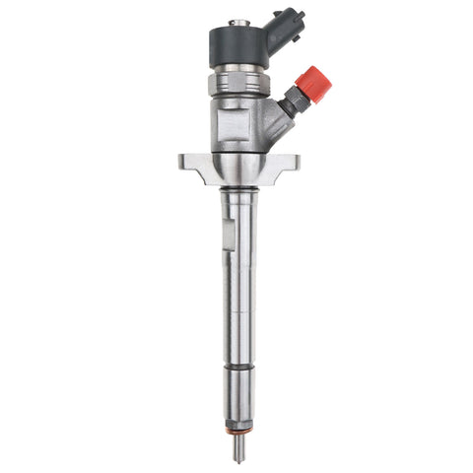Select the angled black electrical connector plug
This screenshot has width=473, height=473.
(287, 30)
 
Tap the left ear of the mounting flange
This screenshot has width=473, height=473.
(193, 163)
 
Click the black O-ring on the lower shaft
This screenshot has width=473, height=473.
(240, 371)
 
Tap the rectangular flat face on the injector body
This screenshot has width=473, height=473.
(239, 123)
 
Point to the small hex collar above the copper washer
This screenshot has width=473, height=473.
(240, 422)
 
